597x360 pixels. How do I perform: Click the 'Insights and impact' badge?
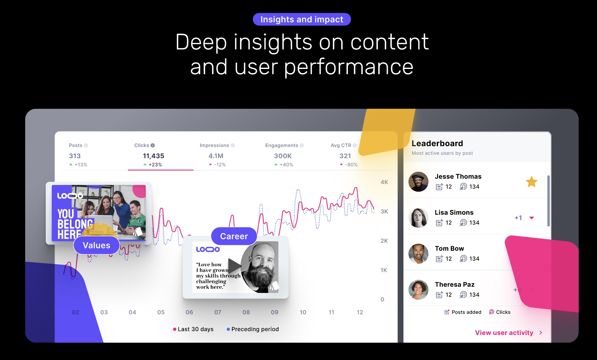point(301,19)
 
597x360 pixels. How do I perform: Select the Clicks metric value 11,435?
point(153,156)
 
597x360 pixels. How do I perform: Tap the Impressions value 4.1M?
point(216,156)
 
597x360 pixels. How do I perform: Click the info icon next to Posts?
point(86,145)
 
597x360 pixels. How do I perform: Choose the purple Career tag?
point(234,236)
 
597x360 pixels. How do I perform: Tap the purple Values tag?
point(96,245)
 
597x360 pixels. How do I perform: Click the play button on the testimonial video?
point(234,266)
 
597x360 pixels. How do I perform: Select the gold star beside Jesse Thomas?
point(531,182)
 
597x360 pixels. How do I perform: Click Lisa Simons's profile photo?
point(418,218)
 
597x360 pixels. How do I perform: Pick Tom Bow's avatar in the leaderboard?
point(418,254)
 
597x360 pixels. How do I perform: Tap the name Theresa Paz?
point(455,284)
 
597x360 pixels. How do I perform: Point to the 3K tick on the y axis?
point(384,212)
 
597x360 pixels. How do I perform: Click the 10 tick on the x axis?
point(303,312)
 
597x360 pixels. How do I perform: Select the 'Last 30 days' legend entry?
point(193,329)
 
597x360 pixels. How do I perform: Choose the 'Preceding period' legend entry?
point(253,329)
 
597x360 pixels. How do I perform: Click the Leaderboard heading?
point(437,143)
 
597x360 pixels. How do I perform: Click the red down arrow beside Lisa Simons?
point(532,218)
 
